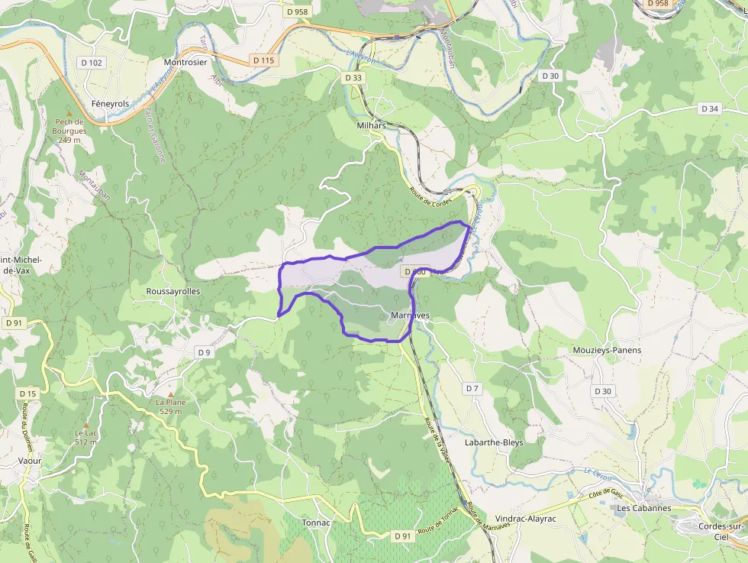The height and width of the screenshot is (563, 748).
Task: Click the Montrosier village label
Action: click(x=185, y=62)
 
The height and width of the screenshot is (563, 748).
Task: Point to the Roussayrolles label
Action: click(x=173, y=291)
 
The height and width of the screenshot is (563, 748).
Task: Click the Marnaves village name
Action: click(x=410, y=315)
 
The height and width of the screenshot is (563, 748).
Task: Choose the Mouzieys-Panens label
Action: click(x=607, y=350)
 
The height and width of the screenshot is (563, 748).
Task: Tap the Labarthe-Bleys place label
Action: click(x=494, y=442)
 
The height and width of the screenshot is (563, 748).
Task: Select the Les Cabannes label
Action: click(x=643, y=508)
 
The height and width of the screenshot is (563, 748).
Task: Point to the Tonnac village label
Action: click(x=316, y=523)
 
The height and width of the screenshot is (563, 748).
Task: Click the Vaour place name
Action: click(x=30, y=461)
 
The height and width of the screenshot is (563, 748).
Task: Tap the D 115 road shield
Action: click(x=263, y=60)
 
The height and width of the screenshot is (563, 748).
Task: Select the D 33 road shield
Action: click(x=353, y=77)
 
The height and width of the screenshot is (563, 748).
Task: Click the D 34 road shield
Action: click(x=710, y=108)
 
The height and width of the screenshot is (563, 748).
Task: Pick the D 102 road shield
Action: click(x=91, y=63)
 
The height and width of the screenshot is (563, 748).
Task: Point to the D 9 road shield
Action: click(x=204, y=352)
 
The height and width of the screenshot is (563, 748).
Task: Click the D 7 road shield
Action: click(x=472, y=389)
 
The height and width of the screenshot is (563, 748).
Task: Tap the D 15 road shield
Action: click(x=27, y=393)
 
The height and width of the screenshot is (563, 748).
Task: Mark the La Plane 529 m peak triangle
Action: click(x=171, y=393)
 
